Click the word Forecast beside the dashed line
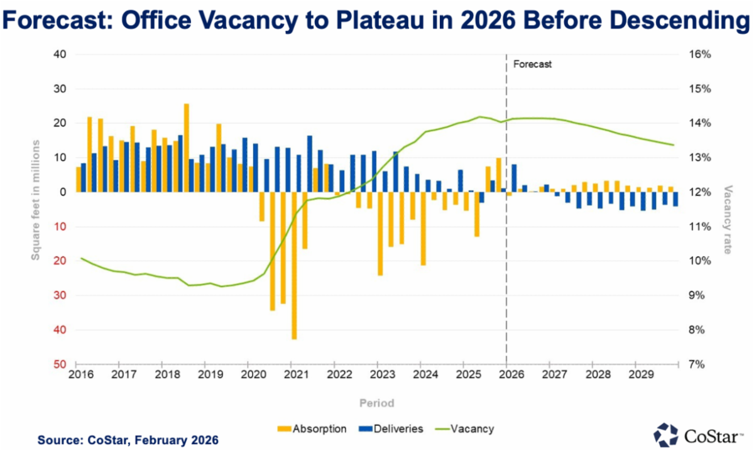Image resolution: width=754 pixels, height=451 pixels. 532,64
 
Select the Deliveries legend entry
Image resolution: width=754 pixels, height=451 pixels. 390,429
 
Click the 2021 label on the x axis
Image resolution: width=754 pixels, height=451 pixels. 292,375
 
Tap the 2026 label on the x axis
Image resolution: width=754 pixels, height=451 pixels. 507,375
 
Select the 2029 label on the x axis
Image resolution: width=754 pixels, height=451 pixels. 637,375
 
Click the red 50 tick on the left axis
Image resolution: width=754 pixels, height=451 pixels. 58,364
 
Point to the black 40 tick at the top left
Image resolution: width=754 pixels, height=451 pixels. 58,55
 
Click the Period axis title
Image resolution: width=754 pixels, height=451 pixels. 377,403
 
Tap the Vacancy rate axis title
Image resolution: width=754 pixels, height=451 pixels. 729,219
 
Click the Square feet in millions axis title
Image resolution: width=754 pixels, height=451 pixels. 36,201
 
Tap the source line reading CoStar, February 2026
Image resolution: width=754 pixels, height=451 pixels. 128,440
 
